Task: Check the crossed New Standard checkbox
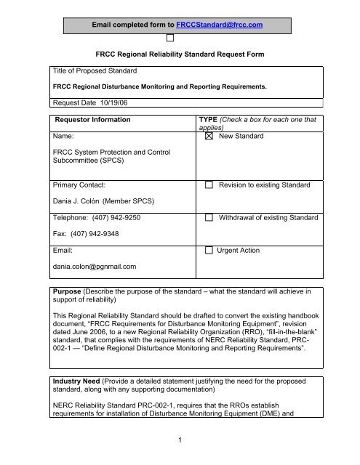209,136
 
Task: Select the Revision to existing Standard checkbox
209,186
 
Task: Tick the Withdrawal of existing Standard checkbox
209,218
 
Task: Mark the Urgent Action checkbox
209,251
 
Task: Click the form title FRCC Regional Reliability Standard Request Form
180,53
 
